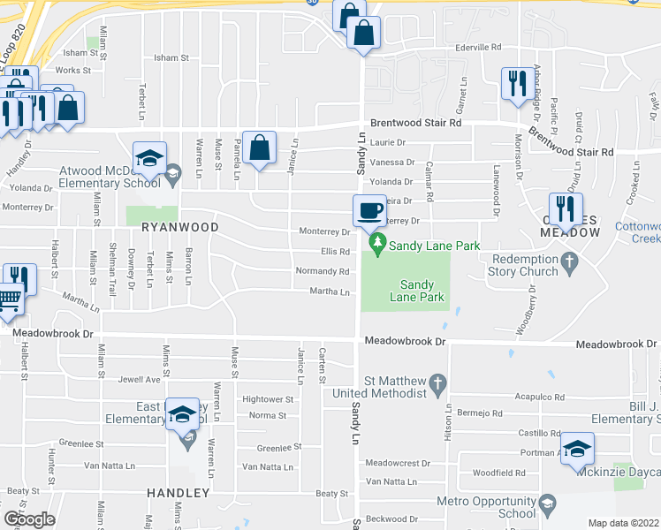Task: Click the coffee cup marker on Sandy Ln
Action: (x=369, y=211)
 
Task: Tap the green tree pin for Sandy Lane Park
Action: (x=377, y=241)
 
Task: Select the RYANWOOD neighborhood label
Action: (x=179, y=227)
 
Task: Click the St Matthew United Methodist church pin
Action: (x=437, y=383)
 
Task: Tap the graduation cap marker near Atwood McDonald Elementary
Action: (x=149, y=159)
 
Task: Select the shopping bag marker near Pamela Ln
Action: (x=260, y=148)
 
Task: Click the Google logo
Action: (x=29, y=519)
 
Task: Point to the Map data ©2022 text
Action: (x=623, y=523)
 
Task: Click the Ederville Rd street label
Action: (x=477, y=47)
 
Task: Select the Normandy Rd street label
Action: (x=316, y=271)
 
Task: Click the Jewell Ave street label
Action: (x=140, y=380)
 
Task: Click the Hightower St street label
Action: (x=267, y=399)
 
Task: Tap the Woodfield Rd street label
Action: (x=499, y=473)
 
